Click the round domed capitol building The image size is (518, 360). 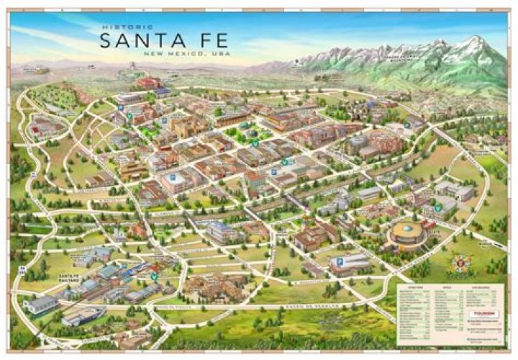click(407, 235)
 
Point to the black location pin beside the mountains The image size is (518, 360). click(295, 63)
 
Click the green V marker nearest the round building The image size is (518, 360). click(437, 209)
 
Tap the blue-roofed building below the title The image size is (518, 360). click(163, 93)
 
